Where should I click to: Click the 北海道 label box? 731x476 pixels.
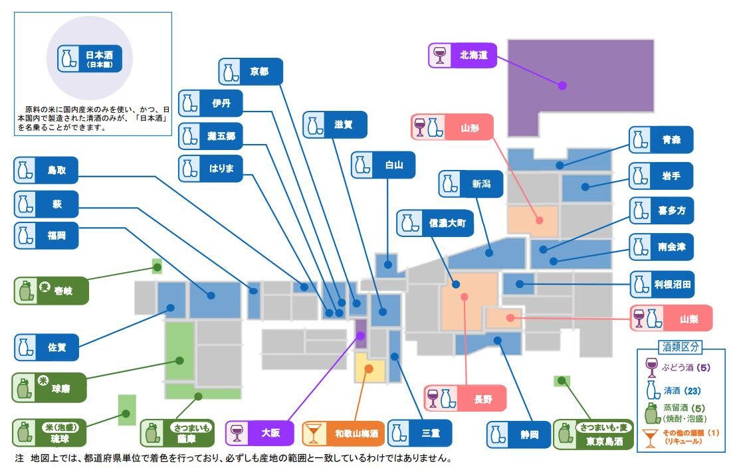click(x=463, y=55)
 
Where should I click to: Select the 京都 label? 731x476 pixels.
click(x=251, y=72)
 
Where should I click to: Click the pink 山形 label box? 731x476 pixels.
click(x=452, y=126)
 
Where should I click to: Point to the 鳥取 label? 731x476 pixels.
click(x=45, y=171)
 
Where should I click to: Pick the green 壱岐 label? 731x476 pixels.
click(x=51, y=291)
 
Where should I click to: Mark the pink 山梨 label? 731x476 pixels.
click(x=671, y=318)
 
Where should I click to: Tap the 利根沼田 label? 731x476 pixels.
click(x=661, y=285)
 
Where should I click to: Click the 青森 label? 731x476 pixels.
click(x=661, y=140)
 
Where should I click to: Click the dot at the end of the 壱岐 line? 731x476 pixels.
click(x=157, y=268)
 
